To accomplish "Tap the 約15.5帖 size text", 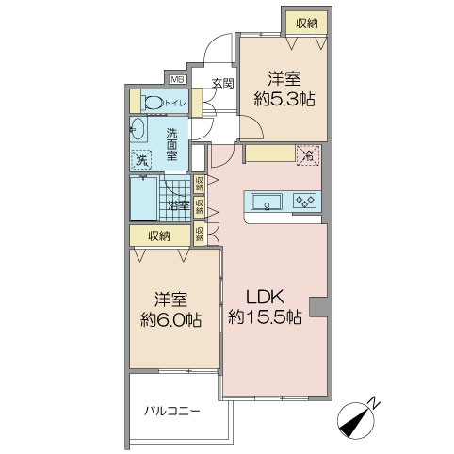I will [x=265, y=319].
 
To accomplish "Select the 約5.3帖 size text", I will [x=282, y=100].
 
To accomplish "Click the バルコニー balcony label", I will [x=171, y=412].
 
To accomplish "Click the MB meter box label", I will [x=177, y=79].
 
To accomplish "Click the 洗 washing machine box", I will [x=140, y=160].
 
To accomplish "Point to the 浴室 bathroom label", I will [x=178, y=204].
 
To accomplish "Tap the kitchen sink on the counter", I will [x=266, y=201].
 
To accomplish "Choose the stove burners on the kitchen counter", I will [x=306, y=201].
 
